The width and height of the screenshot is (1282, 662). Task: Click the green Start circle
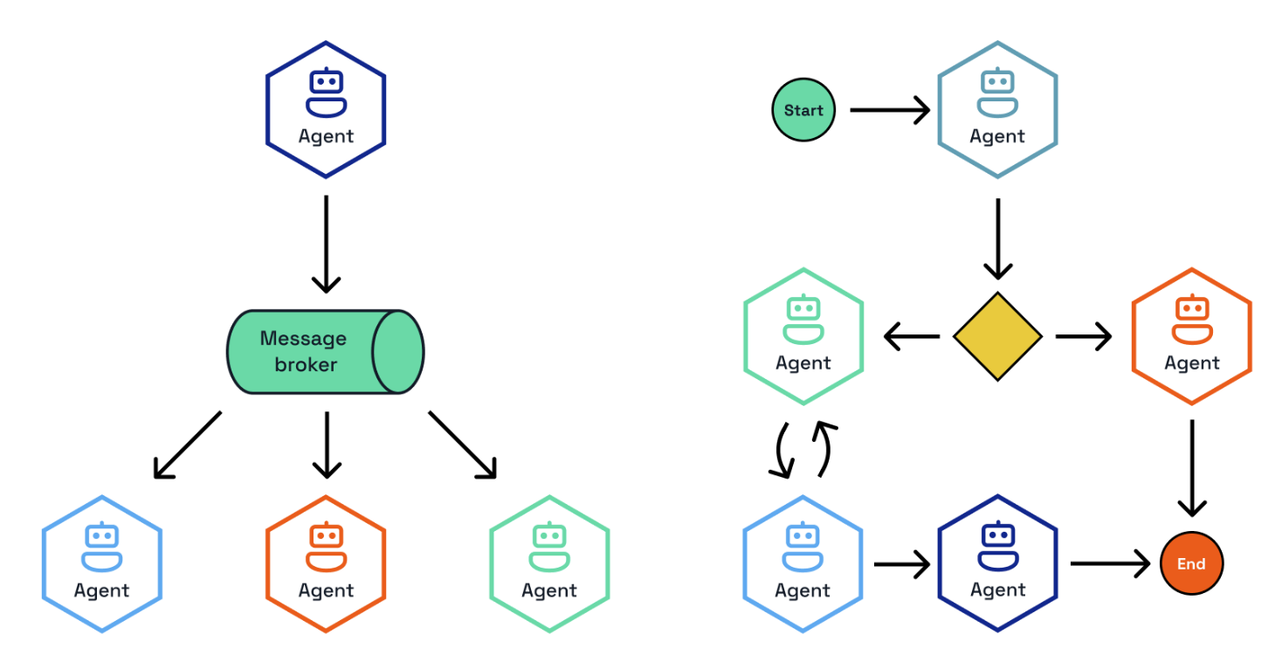click(x=803, y=110)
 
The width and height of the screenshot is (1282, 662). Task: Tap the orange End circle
click(x=1191, y=563)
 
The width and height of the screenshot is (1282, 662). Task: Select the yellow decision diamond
click(x=997, y=336)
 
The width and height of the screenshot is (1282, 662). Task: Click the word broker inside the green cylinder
click(x=305, y=364)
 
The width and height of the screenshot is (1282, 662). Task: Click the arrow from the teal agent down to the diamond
click(x=997, y=238)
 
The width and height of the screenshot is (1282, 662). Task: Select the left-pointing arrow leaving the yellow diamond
click(x=912, y=336)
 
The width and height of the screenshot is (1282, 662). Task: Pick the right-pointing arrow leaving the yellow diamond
click(x=1084, y=336)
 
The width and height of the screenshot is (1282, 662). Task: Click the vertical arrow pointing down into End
click(x=1191, y=468)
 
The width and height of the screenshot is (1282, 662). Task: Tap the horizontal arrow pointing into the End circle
click(x=1109, y=563)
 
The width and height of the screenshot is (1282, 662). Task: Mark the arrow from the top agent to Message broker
click(x=326, y=244)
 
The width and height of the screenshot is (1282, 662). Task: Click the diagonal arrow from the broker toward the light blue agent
click(x=187, y=445)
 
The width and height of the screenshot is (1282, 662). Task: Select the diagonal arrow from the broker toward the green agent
click(x=462, y=445)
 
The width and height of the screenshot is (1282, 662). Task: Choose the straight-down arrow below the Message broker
click(x=326, y=445)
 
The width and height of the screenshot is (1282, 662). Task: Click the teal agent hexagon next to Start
click(x=997, y=110)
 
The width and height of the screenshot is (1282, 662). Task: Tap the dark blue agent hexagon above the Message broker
click(x=326, y=110)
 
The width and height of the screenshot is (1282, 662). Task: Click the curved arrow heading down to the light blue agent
click(x=782, y=452)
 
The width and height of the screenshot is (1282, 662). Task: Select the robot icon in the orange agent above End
click(x=1191, y=319)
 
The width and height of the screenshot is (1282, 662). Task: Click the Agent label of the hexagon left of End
click(x=997, y=590)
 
